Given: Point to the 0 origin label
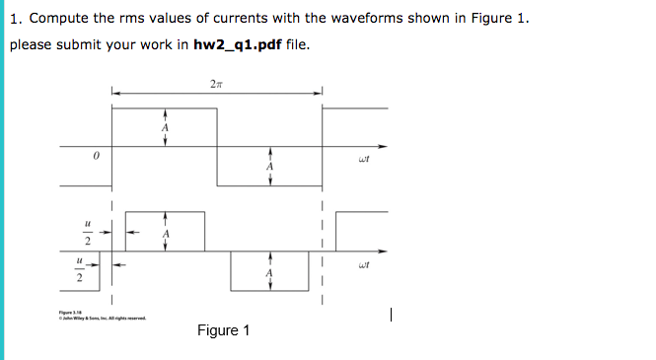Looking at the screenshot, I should click(x=96, y=156).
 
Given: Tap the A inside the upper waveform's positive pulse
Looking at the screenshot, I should click(x=165, y=128).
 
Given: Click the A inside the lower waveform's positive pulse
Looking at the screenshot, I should click(x=166, y=234).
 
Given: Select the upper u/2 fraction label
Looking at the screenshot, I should click(x=87, y=233).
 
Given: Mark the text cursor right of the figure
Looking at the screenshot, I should click(x=392, y=316).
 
